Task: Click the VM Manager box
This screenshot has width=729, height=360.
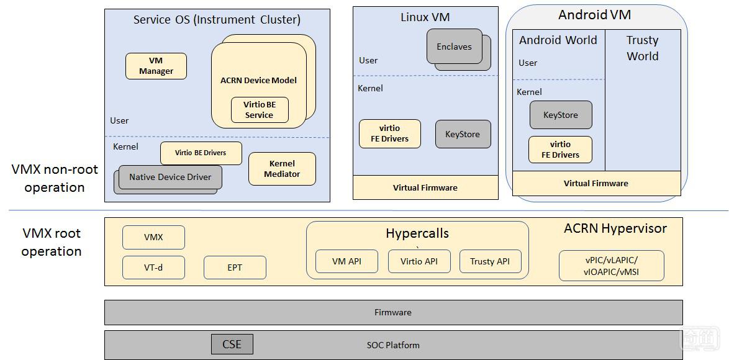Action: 156,66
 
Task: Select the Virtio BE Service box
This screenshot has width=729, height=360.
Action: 260,110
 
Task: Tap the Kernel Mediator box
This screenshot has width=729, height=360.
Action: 282,169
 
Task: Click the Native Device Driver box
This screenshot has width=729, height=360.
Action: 170,177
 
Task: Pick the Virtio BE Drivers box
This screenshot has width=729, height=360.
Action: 201,153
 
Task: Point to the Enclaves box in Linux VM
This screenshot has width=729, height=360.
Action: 454,47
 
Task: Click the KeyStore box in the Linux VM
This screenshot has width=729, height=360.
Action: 463,134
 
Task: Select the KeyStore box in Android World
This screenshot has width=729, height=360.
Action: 561,115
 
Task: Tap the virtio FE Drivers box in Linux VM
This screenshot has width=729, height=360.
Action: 390,133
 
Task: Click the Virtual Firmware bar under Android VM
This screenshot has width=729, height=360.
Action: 596,184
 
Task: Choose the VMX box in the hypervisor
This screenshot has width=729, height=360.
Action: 153,238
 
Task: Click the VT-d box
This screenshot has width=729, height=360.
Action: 153,268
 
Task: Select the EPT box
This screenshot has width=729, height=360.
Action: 235,268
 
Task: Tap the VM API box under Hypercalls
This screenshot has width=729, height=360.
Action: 346,261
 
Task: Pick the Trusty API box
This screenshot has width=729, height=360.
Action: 490,261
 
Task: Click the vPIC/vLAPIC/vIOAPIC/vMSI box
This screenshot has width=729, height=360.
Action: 612,266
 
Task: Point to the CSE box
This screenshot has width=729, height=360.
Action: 232,344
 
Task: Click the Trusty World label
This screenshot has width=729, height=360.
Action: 643,48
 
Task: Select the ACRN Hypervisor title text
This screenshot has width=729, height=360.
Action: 615,228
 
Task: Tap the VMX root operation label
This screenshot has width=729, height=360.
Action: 52,243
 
